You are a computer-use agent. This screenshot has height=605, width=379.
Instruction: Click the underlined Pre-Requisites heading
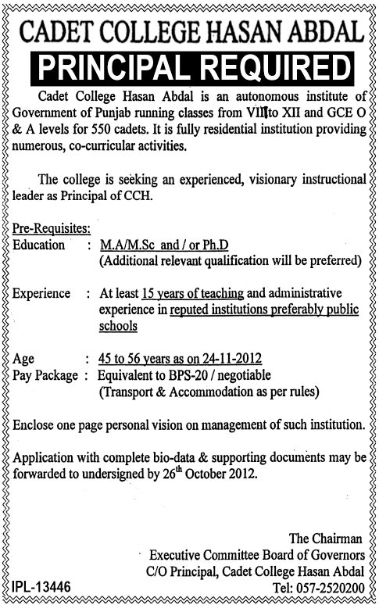[x=52, y=227]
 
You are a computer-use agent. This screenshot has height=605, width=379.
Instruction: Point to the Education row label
[x=40, y=245]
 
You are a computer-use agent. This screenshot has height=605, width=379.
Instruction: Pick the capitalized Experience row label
[x=44, y=293]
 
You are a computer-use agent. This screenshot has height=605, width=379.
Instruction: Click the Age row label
[x=24, y=360]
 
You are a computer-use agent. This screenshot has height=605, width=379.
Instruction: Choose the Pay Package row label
[x=46, y=375]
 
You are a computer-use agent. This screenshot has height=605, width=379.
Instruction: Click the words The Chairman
[x=326, y=539]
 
